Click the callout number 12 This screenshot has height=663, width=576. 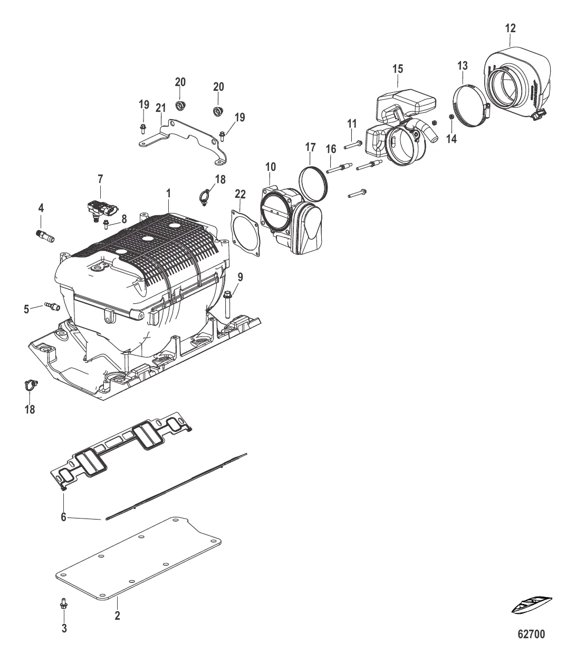pyautogui.click(x=511, y=28)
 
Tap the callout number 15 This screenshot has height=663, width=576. pyautogui.click(x=398, y=69)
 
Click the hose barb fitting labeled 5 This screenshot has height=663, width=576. pyautogui.click(x=52, y=305)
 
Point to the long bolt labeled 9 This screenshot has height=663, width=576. pyautogui.click(x=228, y=302)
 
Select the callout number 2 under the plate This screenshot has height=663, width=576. pyautogui.click(x=117, y=616)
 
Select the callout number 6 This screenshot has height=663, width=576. pyautogui.click(x=63, y=517)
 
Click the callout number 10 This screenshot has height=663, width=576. pyautogui.click(x=271, y=167)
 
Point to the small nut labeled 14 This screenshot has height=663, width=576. pyautogui.click(x=452, y=117)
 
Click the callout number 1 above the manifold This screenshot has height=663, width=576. pyautogui.click(x=168, y=194)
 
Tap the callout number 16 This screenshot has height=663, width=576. pyautogui.click(x=330, y=150)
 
